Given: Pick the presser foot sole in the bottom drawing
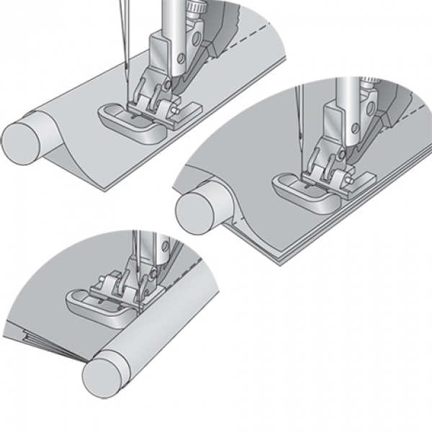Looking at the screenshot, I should [97, 305].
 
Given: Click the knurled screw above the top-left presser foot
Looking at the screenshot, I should [192, 6].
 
